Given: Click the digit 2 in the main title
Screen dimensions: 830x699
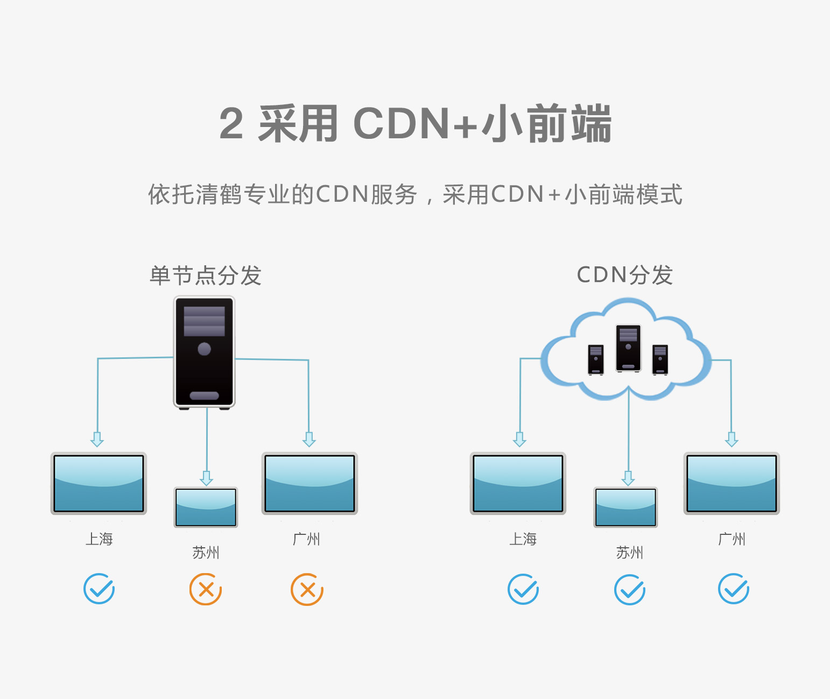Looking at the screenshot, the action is [x=231, y=123].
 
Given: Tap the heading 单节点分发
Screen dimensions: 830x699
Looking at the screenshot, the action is [x=206, y=276].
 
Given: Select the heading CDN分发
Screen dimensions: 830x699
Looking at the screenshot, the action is [x=624, y=275].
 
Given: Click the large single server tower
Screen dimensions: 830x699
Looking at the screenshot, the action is [x=205, y=352].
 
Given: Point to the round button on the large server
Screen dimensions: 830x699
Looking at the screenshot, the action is [x=205, y=349].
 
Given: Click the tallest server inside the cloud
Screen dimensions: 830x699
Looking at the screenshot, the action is [x=628, y=348].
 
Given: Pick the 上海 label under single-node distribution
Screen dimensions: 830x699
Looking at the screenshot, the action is [x=100, y=539].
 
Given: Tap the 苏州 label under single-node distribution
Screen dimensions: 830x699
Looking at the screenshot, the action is [x=206, y=552].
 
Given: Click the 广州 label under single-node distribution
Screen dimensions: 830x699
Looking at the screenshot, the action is [x=306, y=539].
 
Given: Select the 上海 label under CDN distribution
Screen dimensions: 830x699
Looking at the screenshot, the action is [x=523, y=539].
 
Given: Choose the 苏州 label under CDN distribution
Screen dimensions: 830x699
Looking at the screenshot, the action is [x=630, y=552].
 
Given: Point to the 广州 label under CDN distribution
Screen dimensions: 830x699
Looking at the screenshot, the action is [x=732, y=539].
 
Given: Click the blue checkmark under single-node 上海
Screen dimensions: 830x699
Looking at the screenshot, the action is [x=99, y=589].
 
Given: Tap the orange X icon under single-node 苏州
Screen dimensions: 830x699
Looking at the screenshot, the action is [x=206, y=589].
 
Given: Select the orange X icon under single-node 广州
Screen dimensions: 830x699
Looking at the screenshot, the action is [x=307, y=589].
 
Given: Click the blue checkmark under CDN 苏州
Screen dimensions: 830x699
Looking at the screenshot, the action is [x=630, y=589].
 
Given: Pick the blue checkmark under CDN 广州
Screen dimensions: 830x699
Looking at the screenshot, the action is [x=734, y=589].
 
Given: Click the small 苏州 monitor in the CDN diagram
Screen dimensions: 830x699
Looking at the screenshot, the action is [x=625, y=507].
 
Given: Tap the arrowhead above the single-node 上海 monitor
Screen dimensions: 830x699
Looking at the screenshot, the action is [x=97, y=440].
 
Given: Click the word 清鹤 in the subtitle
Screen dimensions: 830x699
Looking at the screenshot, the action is [x=218, y=194].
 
